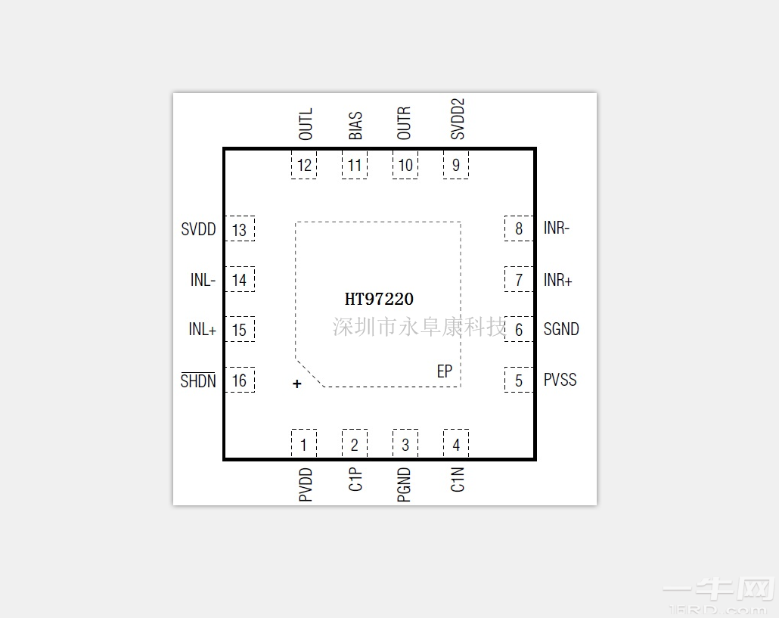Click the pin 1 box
click(304, 444)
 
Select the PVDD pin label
click(306, 485)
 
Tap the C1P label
click(355, 480)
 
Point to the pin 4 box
click(456, 444)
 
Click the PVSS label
click(560, 380)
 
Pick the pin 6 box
click(519, 330)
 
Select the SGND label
click(561, 330)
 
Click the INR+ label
click(557, 281)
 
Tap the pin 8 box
click(519, 228)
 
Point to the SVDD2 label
click(458, 119)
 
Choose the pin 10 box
click(405, 166)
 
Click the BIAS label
click(355, 126)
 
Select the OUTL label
click(306, 124)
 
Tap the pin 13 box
click(240, 229)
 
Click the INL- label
click(203, 281)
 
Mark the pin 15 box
click(240, 330)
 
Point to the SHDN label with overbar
click(198, 380)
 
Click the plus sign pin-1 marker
click(297, 384)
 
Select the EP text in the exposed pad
click(445, 371)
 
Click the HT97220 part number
click(379, 300)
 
